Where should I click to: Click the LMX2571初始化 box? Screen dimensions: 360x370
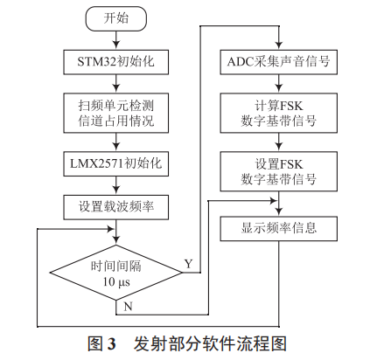click(x=115, y=163)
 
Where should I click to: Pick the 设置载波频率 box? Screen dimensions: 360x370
click(x=115, y=207)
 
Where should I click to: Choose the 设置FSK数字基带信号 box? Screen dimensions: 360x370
click(x=278, y=170)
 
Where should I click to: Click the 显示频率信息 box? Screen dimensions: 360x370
click(x=278, y=229)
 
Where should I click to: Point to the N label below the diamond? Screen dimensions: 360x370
click(x=129, y=308)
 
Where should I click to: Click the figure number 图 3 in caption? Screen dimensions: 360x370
click(x=102, y=342)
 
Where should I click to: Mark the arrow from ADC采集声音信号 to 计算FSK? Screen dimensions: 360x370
click(x=278, y=86)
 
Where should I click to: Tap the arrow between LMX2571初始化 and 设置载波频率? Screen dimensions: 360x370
click(x=115, y=184)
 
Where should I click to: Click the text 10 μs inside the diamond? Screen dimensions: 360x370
click(x=115, y=282)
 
